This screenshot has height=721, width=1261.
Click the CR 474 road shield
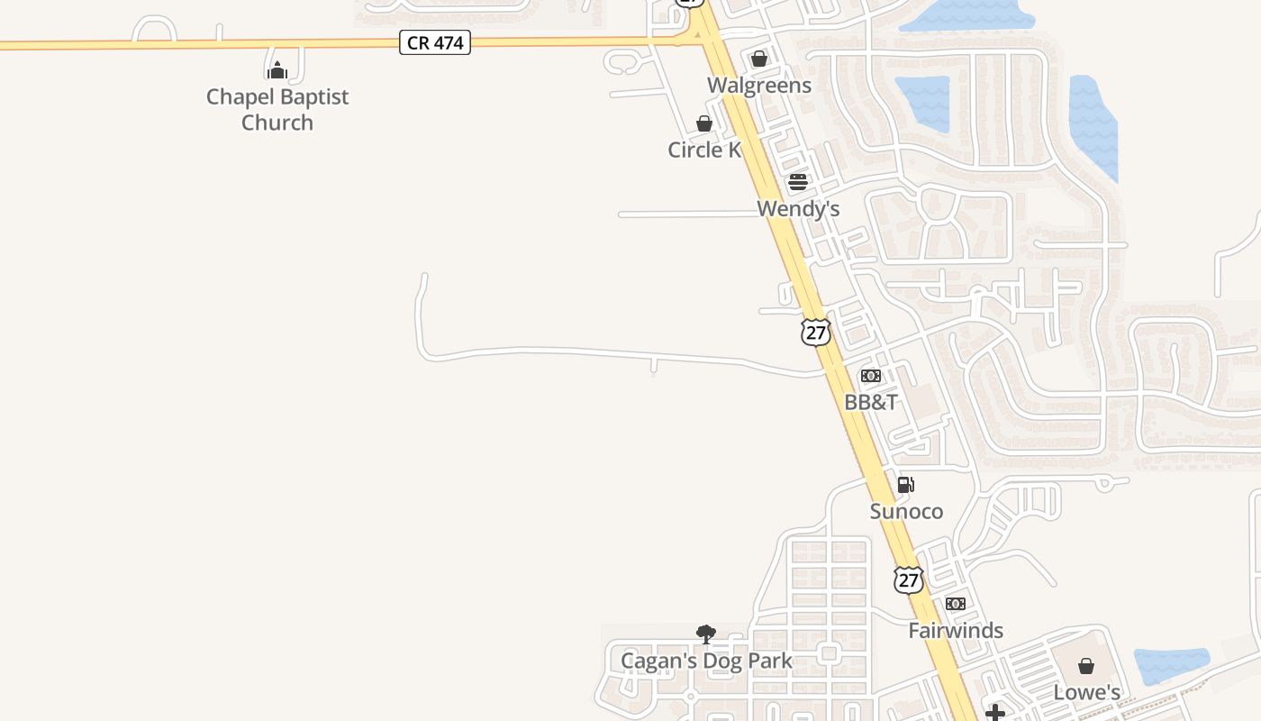435,42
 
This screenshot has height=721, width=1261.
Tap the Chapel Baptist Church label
277,109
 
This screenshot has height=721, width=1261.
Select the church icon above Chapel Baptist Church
277,69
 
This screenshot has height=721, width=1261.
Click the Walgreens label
759,86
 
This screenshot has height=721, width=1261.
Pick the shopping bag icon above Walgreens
759,59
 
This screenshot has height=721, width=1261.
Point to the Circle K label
704,150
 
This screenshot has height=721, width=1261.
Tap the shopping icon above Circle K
704,123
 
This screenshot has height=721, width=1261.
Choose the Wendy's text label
798,209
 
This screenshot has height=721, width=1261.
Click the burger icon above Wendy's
798,182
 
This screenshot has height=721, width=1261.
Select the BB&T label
871,402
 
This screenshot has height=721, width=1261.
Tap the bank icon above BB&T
871,376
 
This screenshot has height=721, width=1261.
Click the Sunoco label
906,512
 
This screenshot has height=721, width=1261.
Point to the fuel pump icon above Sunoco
906,485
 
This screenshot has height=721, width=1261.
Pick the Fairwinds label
956,631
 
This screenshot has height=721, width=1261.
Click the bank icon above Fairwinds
956,604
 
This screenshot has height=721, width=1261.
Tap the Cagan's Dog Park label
706,661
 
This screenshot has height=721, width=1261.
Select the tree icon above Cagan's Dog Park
706,634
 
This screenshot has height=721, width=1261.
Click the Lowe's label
1087,693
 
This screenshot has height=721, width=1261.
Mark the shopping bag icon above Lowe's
1087,666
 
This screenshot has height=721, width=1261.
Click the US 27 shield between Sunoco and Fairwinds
909,580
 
